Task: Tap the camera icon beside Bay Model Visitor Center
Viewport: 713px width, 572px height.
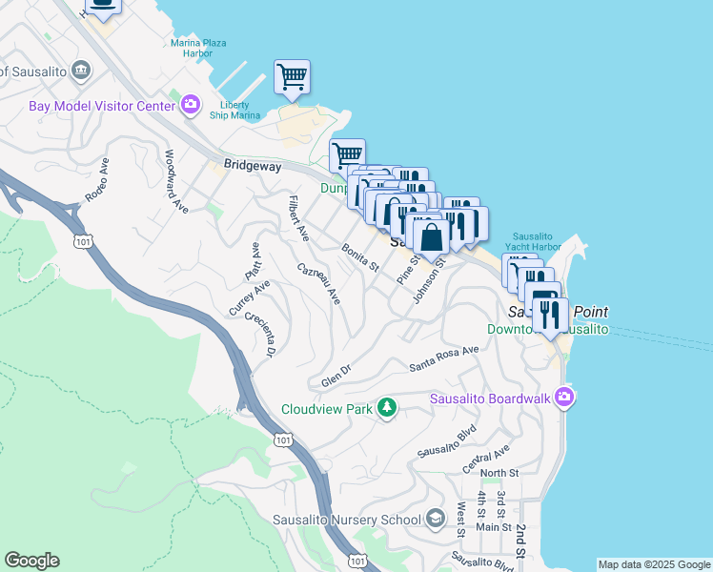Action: (190, 104)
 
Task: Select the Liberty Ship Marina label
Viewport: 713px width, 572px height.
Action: (234, 110)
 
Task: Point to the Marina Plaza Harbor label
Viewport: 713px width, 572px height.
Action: (204, 48)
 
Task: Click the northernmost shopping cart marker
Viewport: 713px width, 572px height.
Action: (291, 76)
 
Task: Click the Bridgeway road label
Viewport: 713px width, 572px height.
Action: (252, 166)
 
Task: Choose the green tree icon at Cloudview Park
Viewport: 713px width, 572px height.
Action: (386, 408)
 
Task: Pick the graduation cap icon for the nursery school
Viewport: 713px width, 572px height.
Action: (436, 519)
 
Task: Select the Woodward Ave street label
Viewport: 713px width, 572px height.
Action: (176, 180)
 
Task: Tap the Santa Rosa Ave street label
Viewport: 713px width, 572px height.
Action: (443, 358)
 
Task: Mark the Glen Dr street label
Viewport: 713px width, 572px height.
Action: (336, 374)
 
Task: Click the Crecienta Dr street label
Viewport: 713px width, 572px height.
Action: (259, 335)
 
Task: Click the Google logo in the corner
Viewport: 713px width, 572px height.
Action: (31, 561)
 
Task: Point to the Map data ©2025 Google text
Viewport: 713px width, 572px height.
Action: (654, 564)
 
